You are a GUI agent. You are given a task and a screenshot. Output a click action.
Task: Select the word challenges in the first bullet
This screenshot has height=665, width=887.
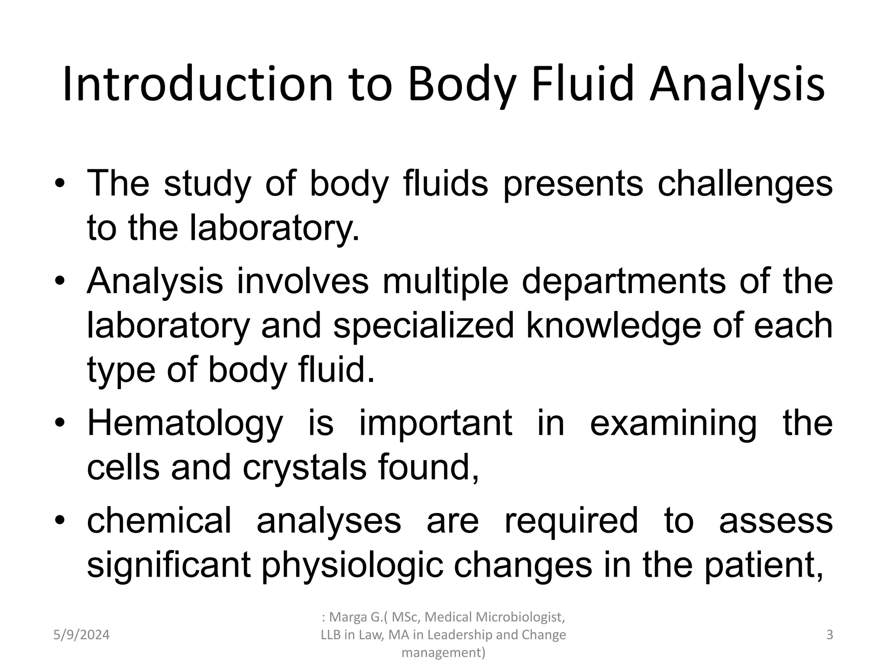click(745, 184)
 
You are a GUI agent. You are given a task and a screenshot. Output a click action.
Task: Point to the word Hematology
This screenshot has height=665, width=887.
click(185, 423)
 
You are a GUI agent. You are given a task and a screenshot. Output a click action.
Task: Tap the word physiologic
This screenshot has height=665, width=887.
click(352, 565)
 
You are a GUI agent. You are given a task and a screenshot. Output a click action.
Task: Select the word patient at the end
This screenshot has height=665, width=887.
click(763, 565)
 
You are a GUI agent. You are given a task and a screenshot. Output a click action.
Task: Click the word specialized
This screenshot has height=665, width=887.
click(424, 326)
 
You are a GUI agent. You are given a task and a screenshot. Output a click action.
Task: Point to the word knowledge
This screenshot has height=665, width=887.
click(613, 326)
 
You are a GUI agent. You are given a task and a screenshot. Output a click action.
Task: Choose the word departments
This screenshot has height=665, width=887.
click(624, 281)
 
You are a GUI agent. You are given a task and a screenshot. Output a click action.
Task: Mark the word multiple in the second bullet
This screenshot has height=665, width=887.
click(445, 281)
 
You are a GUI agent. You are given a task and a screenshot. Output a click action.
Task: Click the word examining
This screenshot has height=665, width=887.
click(673, 423)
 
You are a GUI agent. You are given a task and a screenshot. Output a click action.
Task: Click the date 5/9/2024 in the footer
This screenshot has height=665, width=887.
click(81, 635)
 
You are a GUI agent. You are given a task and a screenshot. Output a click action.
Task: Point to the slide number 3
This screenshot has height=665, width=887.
click(829, 635)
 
